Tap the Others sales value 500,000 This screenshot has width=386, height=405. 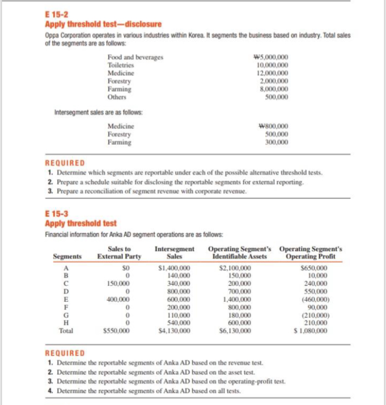(x=277, y=96)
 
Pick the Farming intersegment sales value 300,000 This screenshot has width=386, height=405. (x=277, y=142)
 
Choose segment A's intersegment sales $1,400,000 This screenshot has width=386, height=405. (x=174, y=268)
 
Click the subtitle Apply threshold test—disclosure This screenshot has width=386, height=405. (x=103, y=24)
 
